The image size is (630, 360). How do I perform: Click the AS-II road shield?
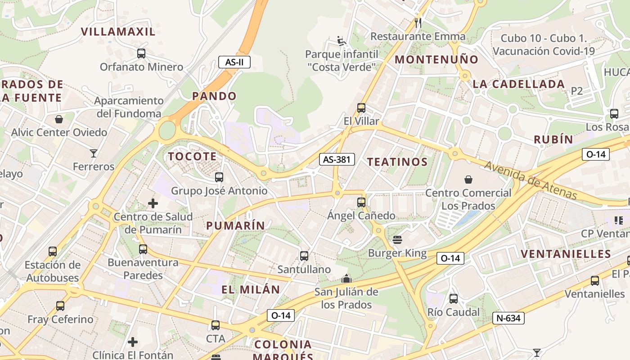click(x=234, y=62)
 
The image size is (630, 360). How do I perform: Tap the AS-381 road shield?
click(x=337, y=159)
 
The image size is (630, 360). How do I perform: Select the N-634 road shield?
click(x=508, y=318)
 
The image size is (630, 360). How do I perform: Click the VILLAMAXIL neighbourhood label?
click(x=118, y=31)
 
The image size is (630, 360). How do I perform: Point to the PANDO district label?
click(x=214, y=96)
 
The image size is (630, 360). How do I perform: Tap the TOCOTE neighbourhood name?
click(x=192, y=156)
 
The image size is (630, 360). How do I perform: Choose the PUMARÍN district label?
click(x=236, y=225)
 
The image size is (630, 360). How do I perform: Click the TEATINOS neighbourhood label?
click(x=397, y=162)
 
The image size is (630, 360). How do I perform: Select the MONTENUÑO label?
click(x=436, y=59)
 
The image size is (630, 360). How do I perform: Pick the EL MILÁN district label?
click(x=251, y=289)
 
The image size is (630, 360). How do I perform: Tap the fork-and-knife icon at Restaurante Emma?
click(x=418, y=22)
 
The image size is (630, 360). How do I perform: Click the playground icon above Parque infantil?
click(x=342, y=41)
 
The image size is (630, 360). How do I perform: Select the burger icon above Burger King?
click(x=397, y=239)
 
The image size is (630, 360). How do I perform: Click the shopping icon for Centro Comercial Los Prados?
click(x=468, y=180)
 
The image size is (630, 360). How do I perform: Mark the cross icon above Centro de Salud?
click(x=153, y=203)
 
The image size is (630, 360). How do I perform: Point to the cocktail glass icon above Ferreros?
click(x=94, y=153)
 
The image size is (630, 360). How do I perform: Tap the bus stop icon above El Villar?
click(x=361, y=108)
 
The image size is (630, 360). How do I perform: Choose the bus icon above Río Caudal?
click(x=454, y=299)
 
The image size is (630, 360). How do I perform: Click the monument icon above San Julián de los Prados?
click(x=346, y=279)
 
